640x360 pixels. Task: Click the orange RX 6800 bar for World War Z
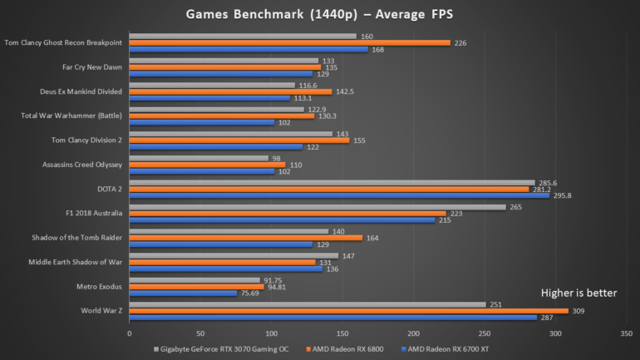click(349, 311)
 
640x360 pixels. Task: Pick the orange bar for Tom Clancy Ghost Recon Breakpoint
click(290, 42)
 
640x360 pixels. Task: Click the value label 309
click(577, 311)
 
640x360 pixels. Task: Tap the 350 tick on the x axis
click(626, 333)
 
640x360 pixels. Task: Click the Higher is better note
click(578, 293)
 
